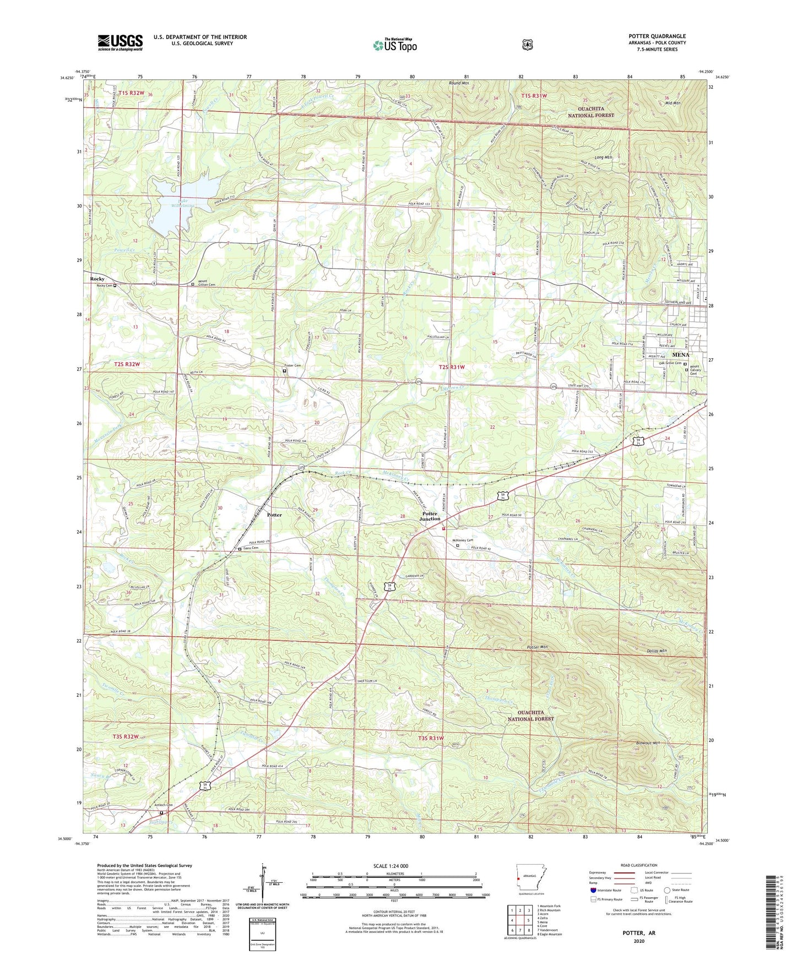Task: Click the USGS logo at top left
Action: point(120,42)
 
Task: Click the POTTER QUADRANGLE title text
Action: point(657,36)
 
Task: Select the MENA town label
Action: point(681,355)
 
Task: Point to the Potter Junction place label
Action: point(430,516)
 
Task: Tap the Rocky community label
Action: point(98,279)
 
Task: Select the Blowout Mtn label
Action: point(648,743)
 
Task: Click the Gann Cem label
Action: point(251,548)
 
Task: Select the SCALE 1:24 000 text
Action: point(391,866)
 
